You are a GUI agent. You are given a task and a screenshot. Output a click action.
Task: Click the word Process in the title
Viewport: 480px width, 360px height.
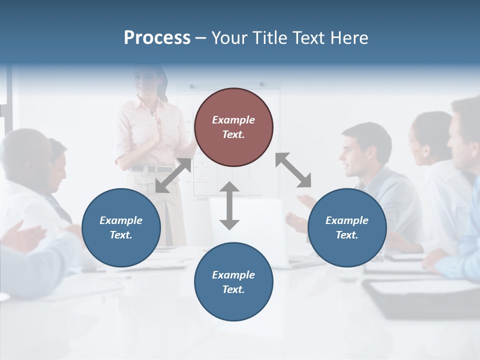pos(157,38)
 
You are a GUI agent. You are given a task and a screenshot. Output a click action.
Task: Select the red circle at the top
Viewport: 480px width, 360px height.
pos(233,127)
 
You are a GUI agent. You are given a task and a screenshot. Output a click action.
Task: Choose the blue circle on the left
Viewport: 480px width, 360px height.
pos(121,227)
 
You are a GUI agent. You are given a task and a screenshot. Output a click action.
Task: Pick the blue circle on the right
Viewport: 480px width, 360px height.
pos(347,227)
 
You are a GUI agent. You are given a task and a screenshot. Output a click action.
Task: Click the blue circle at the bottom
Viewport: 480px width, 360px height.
pos(233,282)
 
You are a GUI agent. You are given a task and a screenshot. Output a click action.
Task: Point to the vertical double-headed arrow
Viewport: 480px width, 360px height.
pos(229,205)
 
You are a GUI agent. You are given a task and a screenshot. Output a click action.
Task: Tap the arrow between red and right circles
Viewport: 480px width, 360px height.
pos(293,170)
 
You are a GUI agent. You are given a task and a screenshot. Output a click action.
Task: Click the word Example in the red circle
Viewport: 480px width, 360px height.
pos(233,120)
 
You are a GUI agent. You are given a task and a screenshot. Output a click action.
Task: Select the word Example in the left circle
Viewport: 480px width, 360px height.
pos(121,220)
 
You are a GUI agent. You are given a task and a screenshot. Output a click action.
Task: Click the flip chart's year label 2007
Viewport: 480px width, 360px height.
pos(201,198)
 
